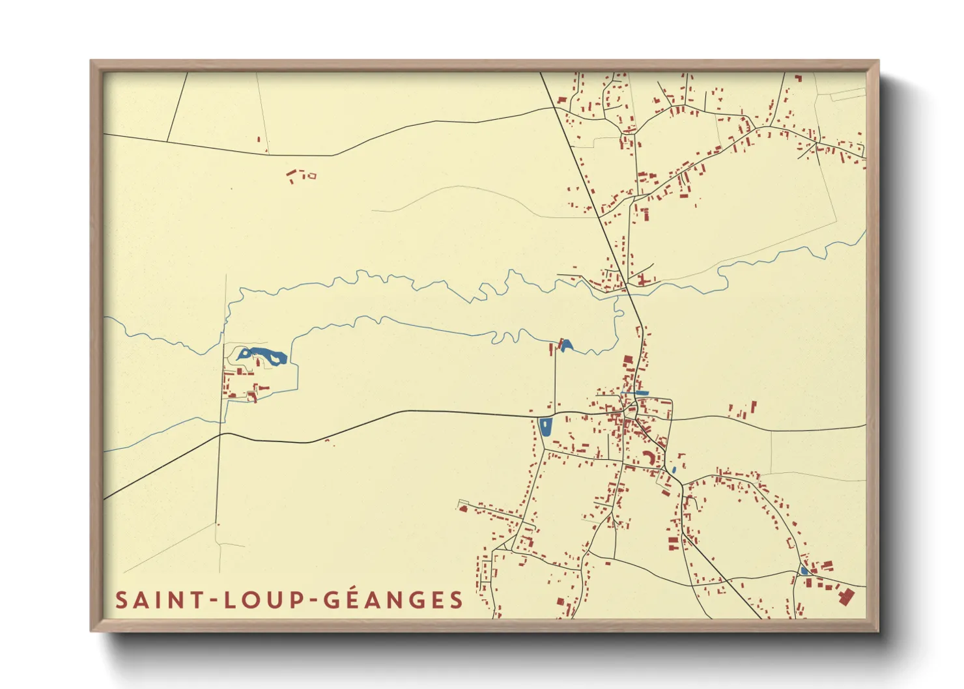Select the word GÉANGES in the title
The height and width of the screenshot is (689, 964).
(x=393, y=600)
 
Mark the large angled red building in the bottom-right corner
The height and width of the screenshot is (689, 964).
(x=845, y=597)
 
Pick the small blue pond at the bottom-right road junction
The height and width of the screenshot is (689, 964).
(x=804, y=570)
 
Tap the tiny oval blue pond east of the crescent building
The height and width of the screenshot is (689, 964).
(x=673, y=469)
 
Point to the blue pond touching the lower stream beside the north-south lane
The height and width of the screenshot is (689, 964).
(x=565, y=345)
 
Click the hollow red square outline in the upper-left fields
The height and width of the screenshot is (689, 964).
(x=311, y=175)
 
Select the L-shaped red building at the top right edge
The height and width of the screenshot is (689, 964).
(x=798, y=78)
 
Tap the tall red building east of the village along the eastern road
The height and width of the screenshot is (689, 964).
(x=754, y=408)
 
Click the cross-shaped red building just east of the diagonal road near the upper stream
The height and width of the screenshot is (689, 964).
(x=642, y=279)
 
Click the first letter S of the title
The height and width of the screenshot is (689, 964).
(x=121, y=600)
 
